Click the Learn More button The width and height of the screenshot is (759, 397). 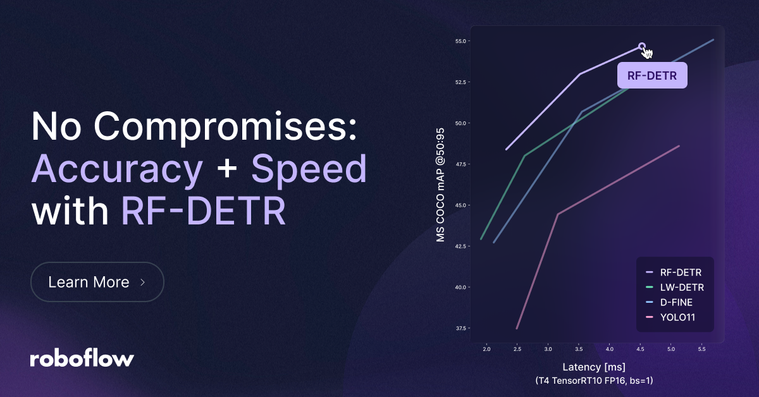97,282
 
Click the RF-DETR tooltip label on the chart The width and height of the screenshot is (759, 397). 652,75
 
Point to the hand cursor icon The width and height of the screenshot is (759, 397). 646,52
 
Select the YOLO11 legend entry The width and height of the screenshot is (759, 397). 670,317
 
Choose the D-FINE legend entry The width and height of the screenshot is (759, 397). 669,302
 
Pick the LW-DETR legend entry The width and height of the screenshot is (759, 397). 675,287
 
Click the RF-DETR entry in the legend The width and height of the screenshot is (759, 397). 674,272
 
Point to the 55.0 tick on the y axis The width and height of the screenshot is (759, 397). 460,41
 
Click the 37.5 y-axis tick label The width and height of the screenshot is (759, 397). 460,328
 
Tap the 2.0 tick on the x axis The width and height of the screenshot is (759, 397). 486,349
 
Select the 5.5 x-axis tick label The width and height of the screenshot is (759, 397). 701,349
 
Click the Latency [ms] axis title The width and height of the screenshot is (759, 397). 594,367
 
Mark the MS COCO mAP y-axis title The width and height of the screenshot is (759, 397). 440,185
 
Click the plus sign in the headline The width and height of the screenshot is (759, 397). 226,169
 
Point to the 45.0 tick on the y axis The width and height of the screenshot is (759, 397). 460,205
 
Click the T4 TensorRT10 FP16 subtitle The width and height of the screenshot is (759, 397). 594,381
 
